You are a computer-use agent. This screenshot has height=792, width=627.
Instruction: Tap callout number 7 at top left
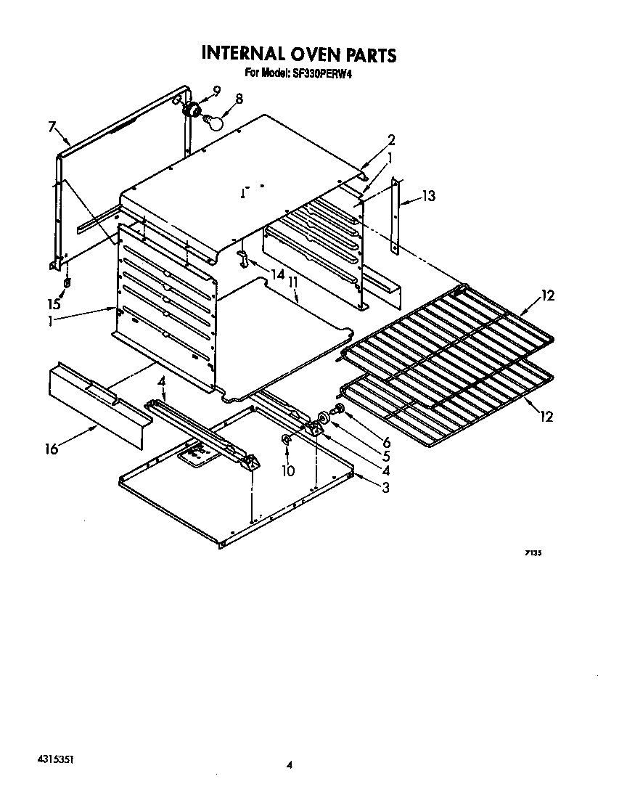(52, 127)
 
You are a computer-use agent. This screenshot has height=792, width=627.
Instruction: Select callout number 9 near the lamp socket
(216, 91)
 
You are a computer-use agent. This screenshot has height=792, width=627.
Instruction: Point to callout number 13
(429, 195)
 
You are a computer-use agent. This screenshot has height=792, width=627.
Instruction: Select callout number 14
(276, 274)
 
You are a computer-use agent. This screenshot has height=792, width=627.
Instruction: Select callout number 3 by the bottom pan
(385, 488)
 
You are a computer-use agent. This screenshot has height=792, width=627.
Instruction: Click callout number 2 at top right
(391, 140)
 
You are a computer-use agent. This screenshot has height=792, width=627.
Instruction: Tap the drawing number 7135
(533, 553)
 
